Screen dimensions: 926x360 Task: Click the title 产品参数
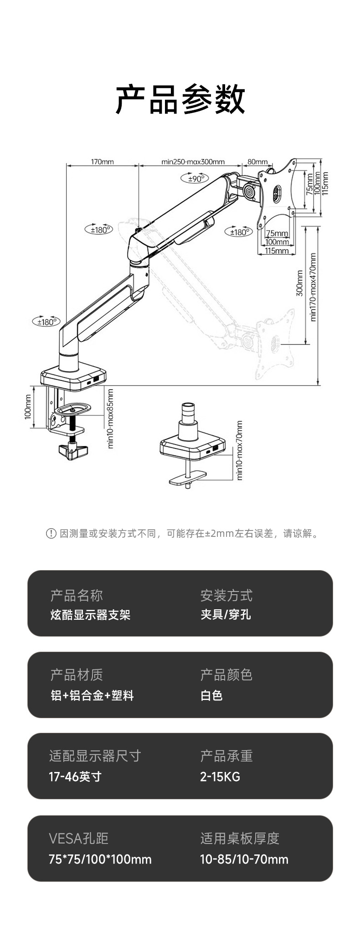(180, 99)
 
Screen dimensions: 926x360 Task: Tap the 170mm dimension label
(102, 162)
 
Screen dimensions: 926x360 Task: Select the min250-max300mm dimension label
(193, 162)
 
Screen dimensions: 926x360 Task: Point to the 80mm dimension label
(257, 162)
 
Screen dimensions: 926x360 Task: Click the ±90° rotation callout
(195, 179)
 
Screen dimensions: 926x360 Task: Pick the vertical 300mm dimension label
(299, 283)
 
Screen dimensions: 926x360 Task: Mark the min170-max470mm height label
(313, 288)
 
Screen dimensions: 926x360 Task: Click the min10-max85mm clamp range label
(110, 418)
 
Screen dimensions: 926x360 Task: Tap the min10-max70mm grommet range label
(240, 450)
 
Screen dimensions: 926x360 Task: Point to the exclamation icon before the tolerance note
(51, 533)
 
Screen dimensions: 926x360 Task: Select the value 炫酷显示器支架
(90, 615)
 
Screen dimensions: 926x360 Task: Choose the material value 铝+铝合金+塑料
(92, 695)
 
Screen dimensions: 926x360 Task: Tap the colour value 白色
(211, 695)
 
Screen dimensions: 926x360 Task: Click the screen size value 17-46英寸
(75, 777)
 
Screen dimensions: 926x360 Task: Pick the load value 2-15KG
(220, 777)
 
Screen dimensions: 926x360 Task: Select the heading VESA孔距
(78, 838)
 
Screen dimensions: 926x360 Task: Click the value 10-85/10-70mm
(244, 859)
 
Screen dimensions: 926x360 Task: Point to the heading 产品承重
(226, 756)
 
